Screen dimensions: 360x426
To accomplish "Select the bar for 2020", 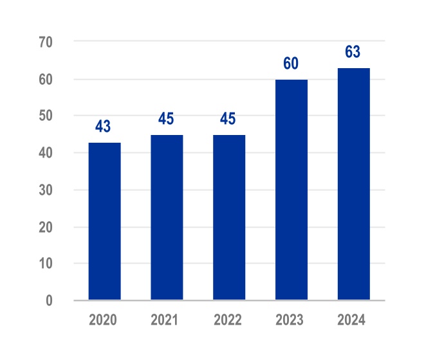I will [105, 221].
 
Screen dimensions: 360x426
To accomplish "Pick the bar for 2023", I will [292, 190].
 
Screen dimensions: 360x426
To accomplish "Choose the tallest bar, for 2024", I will [353, 184].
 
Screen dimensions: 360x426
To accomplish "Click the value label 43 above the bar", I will [103, 127].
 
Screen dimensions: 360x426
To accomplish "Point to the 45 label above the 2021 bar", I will [165, 120].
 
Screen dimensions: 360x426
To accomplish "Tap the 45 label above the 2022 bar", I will [228, 120].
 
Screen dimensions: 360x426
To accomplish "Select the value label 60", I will [290, 64].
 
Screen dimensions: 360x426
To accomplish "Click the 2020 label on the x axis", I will [104, 319].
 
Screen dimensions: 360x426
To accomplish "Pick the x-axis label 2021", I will [167, 319].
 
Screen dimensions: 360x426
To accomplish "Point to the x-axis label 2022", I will [229, 319].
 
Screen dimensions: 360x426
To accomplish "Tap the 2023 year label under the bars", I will [291, 319].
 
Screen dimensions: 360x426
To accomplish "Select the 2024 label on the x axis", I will [353, 319].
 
